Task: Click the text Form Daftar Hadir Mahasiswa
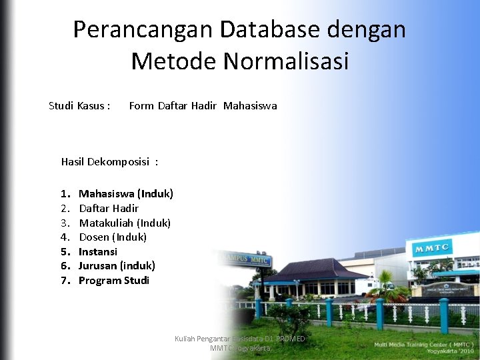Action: [x=203, y=106]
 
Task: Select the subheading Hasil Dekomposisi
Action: [x=109, y=161]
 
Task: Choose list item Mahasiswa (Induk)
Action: [x=126, y=194]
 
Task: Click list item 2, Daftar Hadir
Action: [x=109, y=209]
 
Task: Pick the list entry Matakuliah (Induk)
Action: [x=125, y=223]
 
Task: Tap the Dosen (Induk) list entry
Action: [x=113, y=237]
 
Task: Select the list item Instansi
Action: [x=98, y=252]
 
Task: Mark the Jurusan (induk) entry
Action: [x=117, y=266]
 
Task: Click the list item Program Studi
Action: [x=114, y=281]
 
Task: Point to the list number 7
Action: [x=65, y=281]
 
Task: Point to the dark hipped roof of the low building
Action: [x=313, y=269]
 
